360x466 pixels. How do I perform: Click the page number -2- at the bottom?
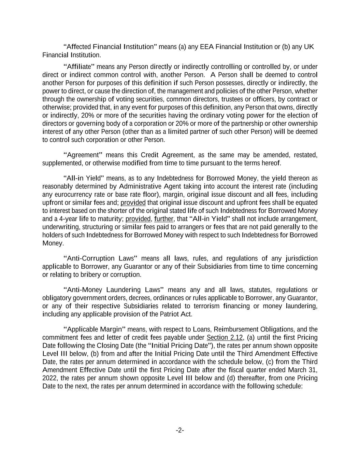tap(180, 430)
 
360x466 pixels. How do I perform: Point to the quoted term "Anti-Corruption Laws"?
tap(100, 258)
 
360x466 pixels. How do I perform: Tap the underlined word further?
tap(164, 219)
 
